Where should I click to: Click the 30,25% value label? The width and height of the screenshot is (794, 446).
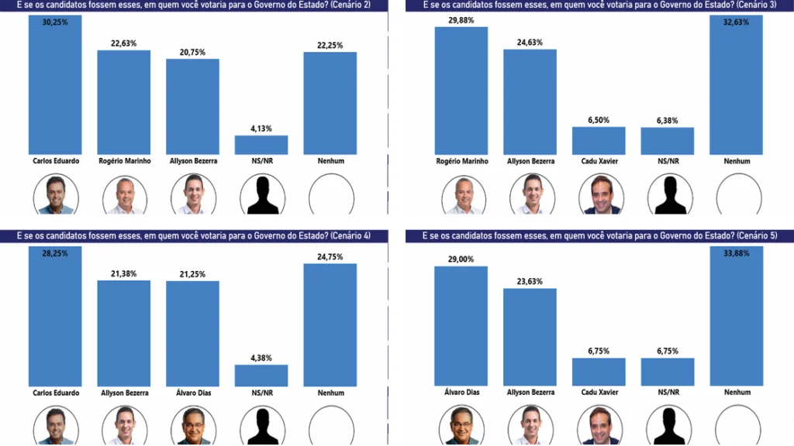tap(55, 22)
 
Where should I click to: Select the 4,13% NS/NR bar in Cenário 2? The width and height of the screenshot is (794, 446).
tap(261, 145)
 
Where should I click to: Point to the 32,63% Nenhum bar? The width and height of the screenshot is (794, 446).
tap(736, 85)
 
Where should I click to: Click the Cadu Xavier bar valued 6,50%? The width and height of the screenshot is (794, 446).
tap(599, 141)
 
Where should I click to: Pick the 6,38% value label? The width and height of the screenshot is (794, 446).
tap(667, 120)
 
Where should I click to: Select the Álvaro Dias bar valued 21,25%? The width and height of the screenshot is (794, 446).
tap(192, 333)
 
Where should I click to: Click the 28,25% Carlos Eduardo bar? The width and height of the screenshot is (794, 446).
tap(55, 317)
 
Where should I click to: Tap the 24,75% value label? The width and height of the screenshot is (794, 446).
tap(330, 256)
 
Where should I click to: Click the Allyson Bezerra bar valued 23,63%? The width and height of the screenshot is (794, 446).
tap(530, 337)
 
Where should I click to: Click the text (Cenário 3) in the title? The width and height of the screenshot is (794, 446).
tap(754, 5)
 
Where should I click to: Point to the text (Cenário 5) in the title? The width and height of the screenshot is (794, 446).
tap(754, 235)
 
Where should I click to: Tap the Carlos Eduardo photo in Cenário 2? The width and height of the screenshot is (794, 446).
tap(55, 194)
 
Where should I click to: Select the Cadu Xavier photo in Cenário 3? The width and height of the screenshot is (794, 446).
tap(599, 194)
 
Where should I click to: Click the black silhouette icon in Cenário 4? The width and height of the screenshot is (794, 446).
tap(261, 426)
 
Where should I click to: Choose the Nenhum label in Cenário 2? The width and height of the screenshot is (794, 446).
tap(330, 161)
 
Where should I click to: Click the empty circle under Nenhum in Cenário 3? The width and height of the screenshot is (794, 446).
tap(736, 194)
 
